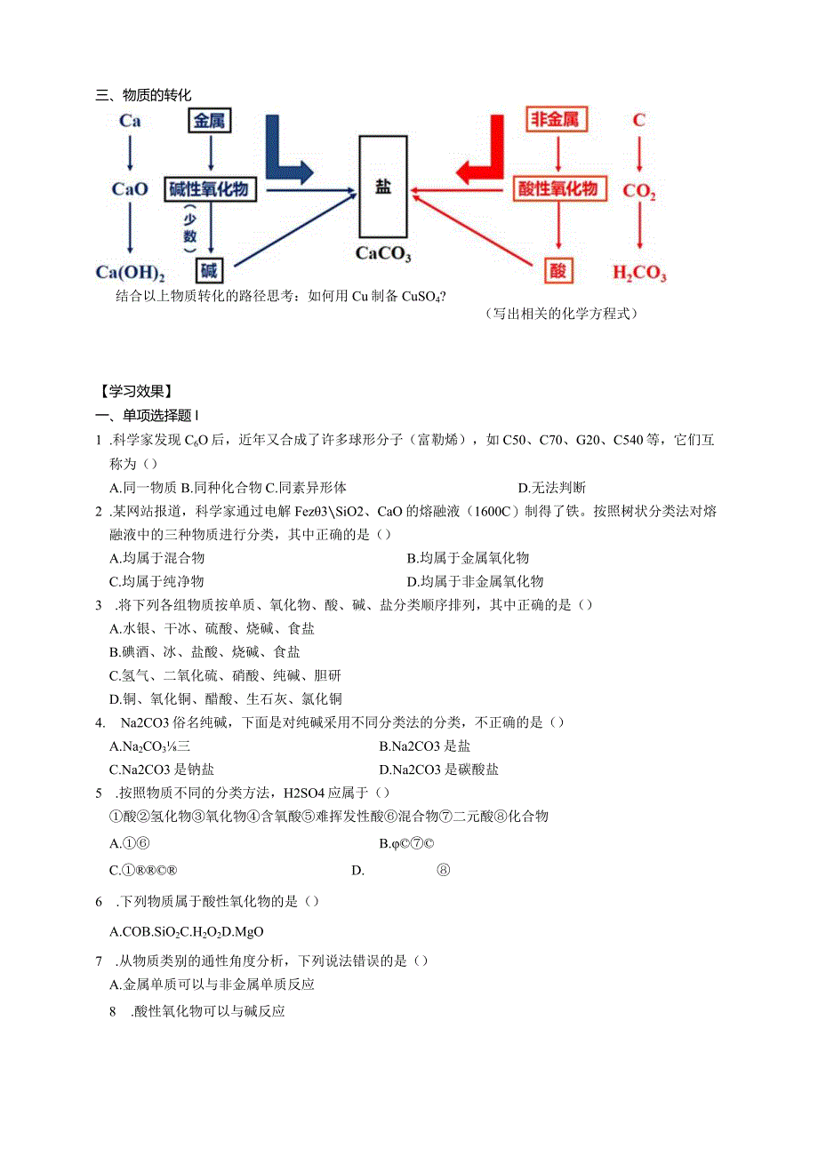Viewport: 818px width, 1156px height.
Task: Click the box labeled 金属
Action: pyautogui.click(x=210, y=120)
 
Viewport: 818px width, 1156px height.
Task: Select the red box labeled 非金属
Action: pyautogui.click(x=557, y=120)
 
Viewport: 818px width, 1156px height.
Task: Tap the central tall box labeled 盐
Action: pyautogui.click(x=383, y=187)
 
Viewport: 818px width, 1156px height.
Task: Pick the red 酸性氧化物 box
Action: pyautogui.click(x=557, y=188)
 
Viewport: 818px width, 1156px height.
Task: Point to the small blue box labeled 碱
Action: pyautogui.click(x=209, y=269)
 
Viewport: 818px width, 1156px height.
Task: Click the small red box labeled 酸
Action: pyautogui.click(x=557, y=270)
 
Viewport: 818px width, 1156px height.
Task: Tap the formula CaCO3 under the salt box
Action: pyautogui.click(x=383, y=254)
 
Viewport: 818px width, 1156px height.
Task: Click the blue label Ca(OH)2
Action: pyautogui.click(x=130, y=272)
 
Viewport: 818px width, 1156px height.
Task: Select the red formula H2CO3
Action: pyautogui.click(x=639, y=273)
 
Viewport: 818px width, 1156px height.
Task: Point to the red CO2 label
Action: pyautogui.click(x=638, y=190)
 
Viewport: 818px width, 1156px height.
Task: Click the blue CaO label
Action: pyautogui.click(x=130, y=189)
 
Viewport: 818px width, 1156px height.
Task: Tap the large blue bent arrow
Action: pyautogui.click(x=286, y=151)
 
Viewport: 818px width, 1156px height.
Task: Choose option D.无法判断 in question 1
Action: pyautogui.click(x=551, y=487)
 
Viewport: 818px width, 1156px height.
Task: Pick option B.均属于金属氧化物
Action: pyautogui.click(x=468, y=558)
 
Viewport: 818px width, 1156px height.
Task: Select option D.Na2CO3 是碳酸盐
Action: pyautogui.click(x=438, y=769)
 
